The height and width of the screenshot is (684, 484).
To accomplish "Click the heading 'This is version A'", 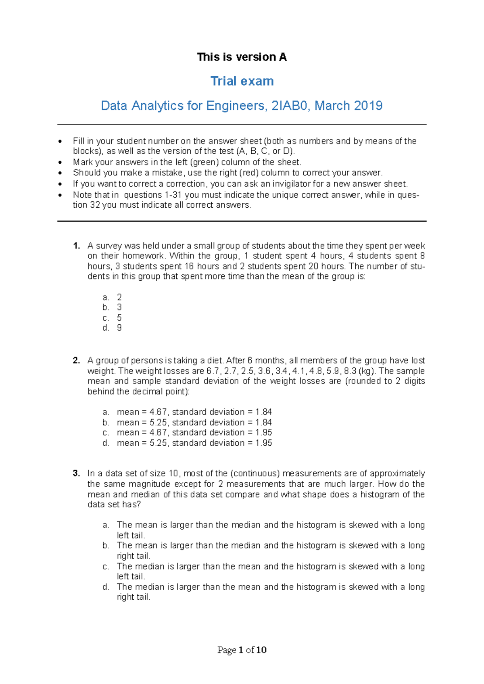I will pyautogui.click(x=242, y=57).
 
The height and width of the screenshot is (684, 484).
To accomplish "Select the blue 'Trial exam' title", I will pyautogui.click(x=242, y=81).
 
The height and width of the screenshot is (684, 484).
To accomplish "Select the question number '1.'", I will pyautogui.click(x=77, y=246).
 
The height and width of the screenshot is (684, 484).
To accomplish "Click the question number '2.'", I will pyautogui.click(x=77, y=361).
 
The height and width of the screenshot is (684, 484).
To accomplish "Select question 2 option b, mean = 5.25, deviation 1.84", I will pyautogui.click(x=194, y=422).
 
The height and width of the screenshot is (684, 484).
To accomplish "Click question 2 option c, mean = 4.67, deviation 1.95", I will pyautogui.click(x=194, y=433).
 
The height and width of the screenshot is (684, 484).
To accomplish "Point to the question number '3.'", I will pyautogui.click(x=77, y=473).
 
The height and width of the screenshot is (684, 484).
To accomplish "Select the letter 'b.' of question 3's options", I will pyautogui.click(x=106, y=546).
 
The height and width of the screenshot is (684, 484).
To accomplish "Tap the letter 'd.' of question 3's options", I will pyautogui.click(x=106, y=587).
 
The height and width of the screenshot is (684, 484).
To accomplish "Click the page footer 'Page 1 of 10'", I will pyautogui.click(x=242, y=650).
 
